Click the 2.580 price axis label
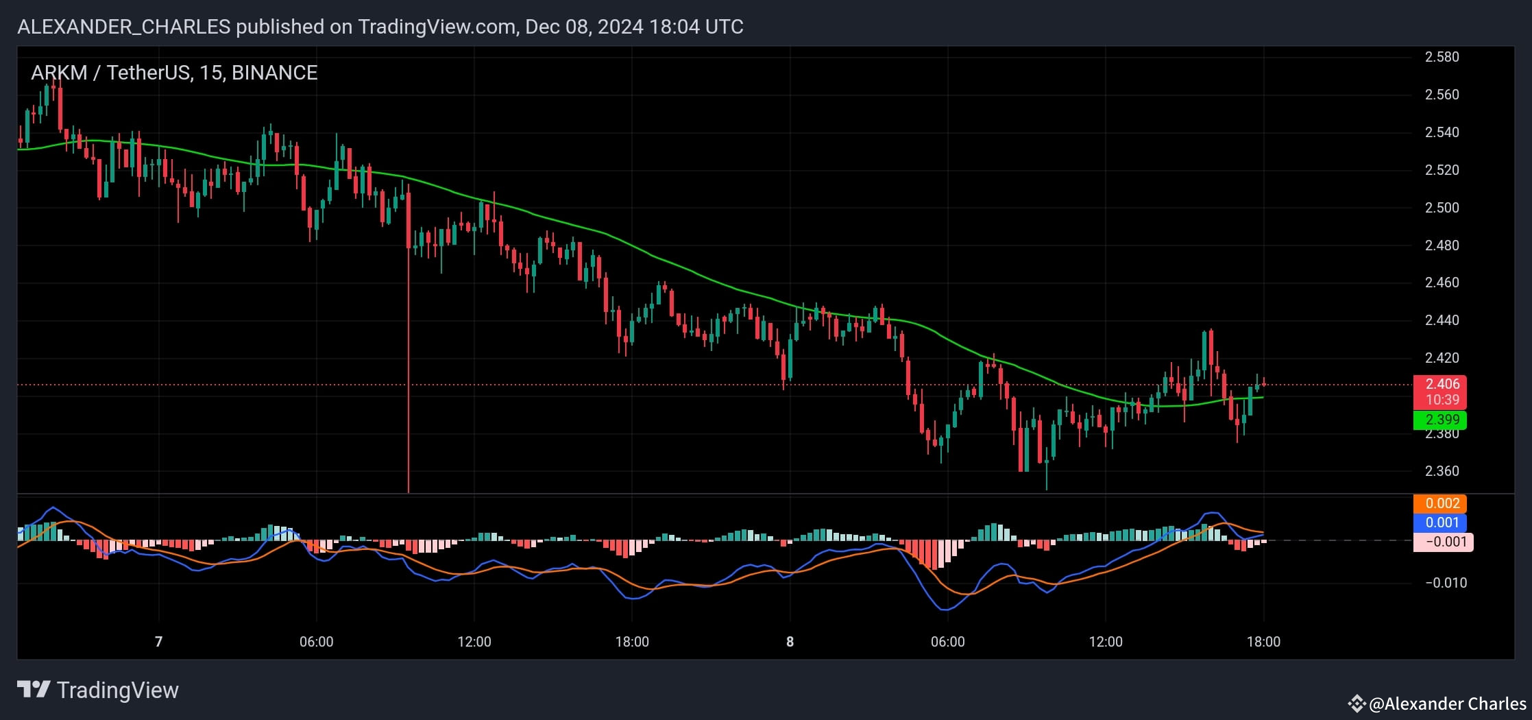pos(1442,57)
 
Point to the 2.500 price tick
pos(1442,208)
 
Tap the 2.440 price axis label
pos(1442,320)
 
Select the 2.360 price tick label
pos(1442,471)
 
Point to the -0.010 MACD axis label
pos(1446,583)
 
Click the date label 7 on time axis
pos(158,642)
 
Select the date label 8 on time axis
pos(790,642)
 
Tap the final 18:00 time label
pos(1263,642)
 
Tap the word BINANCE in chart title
pos(274,73)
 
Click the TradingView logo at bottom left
pos(97,690)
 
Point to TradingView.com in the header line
pos(436,27)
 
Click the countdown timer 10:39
pos(1442,400)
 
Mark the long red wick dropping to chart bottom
pos(409,377)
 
